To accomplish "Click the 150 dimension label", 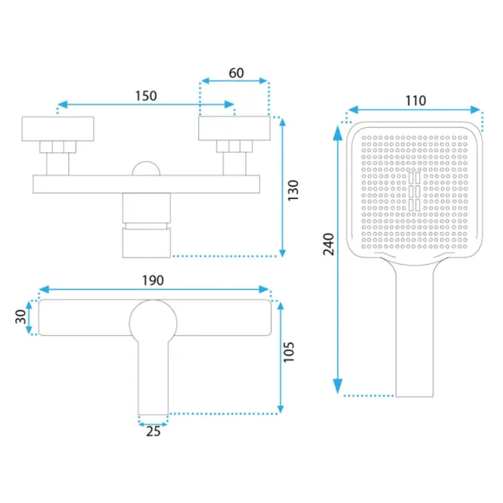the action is click(x=146, y=96).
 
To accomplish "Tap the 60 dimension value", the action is click(x=236, y=73).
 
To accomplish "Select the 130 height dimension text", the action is click(x=293, y=191).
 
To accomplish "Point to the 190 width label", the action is click(x=153, y=281).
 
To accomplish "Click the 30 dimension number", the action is click(x=21, y=317).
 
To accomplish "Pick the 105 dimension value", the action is click(x=289, y=352).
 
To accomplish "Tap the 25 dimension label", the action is click(x=153, y=431).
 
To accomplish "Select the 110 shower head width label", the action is click(x=416, y=101).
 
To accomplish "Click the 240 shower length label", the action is click(x=328, y=244).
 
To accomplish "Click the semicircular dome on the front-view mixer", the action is click(x=146, y=169).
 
